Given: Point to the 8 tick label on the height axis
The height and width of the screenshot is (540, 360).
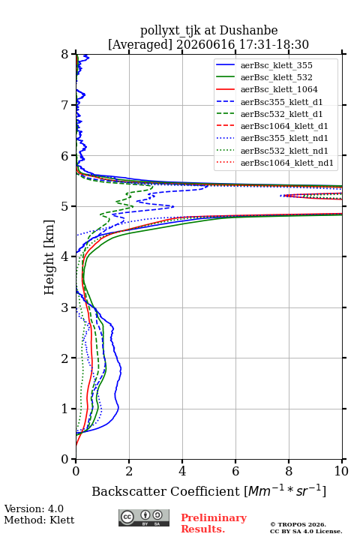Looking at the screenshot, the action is (x=65, y=55).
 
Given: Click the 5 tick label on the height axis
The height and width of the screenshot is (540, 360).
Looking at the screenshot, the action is (x=65, y=206).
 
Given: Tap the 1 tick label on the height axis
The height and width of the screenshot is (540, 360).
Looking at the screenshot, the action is (x=65, y=409).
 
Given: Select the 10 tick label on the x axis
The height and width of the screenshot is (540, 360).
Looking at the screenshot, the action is (x=341, y=471).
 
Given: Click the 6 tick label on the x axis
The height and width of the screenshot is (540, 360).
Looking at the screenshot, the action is (x=235, y=471).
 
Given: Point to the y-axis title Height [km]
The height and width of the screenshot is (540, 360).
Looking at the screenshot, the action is (x=49, y=257).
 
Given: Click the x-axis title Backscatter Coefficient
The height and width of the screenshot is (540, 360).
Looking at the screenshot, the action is (x=166, y=491).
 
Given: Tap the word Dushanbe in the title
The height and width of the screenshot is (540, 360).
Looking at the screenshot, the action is (x=248, y=31).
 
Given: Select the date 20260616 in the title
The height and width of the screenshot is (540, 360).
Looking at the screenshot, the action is (x=205, y=44).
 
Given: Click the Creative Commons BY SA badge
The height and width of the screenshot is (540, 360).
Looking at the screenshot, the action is (x=144, y=518).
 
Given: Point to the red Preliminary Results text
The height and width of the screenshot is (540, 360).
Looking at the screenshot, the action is (x=214, y=523).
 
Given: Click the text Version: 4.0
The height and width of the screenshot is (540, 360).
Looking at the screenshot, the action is (x=34, y=508).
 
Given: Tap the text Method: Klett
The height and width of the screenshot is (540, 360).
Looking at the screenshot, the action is (x=39, y=520).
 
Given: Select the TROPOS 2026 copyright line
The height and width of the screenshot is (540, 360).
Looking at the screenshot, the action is (x=298, y=524).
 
